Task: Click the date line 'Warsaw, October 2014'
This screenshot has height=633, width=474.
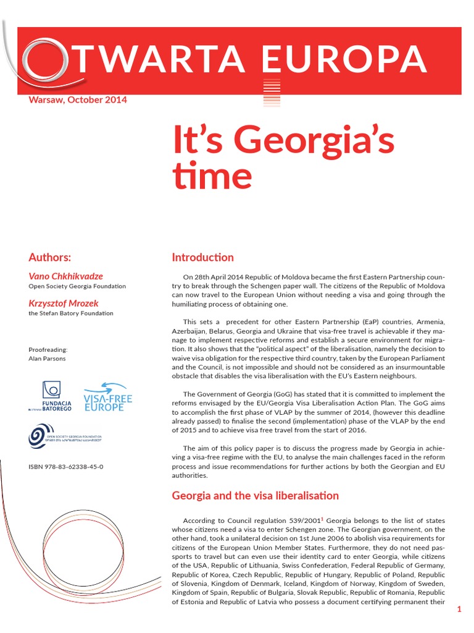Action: [78, 100]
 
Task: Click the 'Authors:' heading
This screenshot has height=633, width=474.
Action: [50, 257]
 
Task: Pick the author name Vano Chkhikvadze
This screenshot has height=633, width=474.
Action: [66, 276]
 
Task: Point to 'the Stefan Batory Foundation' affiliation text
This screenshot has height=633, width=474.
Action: [71, 313]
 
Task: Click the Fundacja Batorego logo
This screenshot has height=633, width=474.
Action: [51, 396]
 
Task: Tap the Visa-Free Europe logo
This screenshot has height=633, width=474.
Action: [108, 397]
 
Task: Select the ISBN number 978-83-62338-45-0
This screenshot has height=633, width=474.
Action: [66, 467]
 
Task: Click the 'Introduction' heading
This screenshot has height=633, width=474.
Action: [202, 257]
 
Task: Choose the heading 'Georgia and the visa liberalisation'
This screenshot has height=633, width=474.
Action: [255, 495]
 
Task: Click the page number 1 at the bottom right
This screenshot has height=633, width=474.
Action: [459, 610]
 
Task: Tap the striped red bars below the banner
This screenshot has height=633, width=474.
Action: [272, 93]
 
